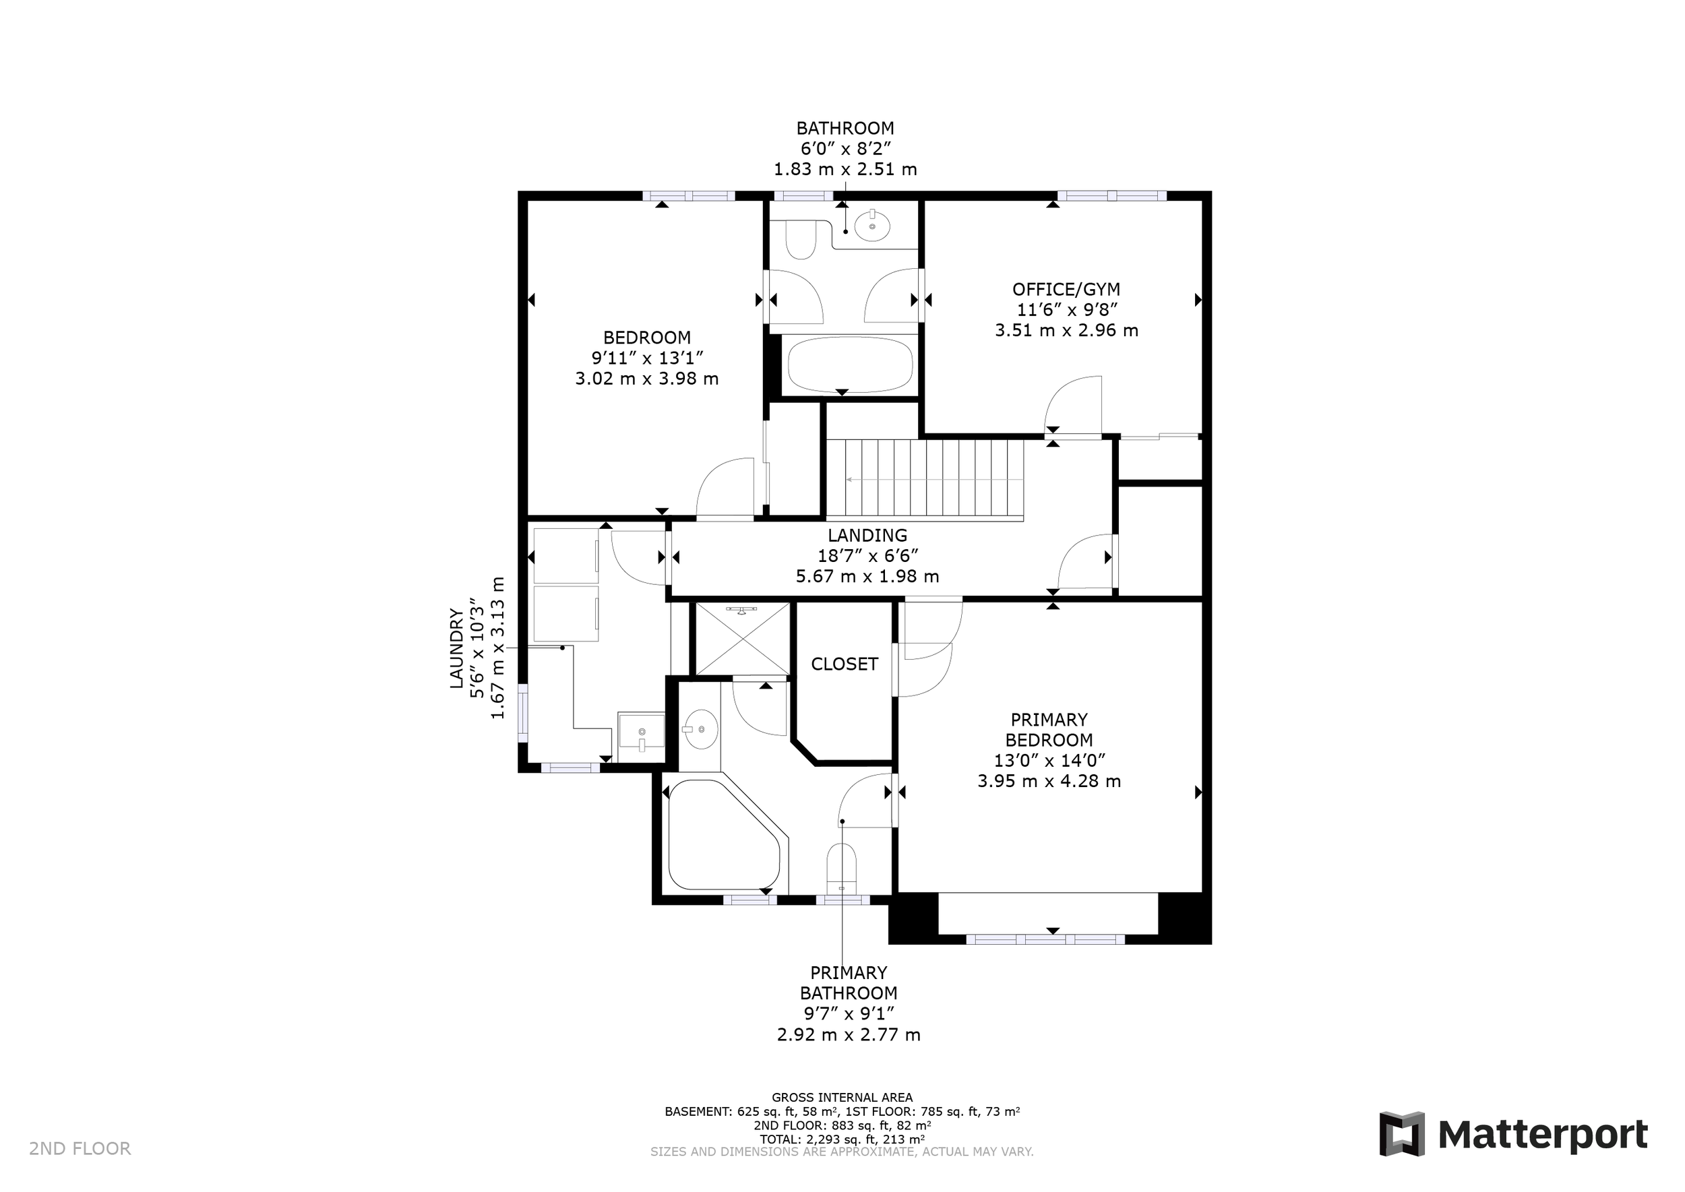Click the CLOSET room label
845,664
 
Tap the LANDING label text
867,536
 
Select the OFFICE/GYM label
1066,289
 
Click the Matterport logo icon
1402,1134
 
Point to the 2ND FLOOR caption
80,1149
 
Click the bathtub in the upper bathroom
850,365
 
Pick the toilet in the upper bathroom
800,239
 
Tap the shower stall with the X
742,639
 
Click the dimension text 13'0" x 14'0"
1049,760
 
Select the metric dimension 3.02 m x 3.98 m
647,379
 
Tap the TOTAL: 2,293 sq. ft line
842,1139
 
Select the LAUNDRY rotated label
457,648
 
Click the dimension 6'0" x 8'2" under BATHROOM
846,149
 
